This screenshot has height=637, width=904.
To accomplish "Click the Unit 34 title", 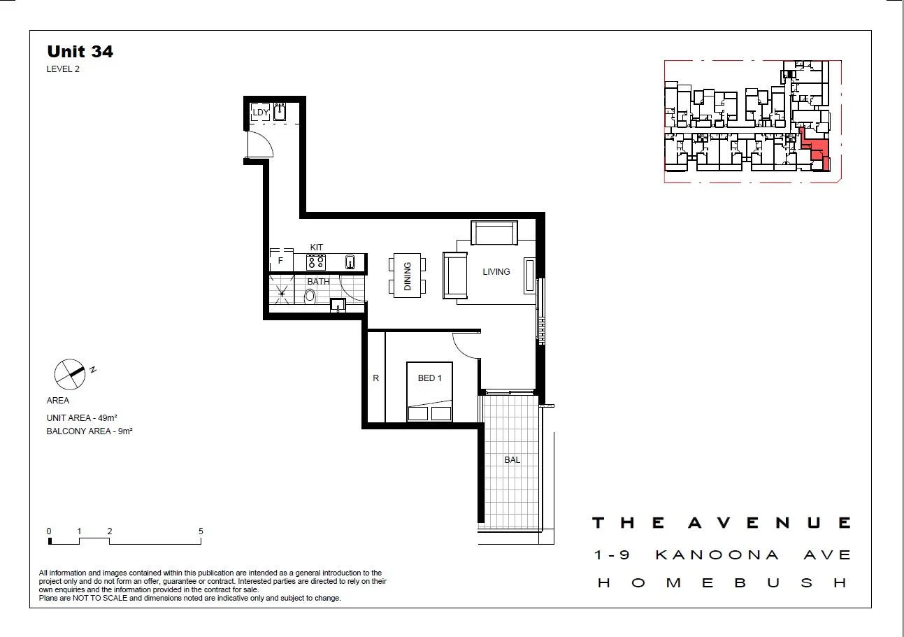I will pyautogui.click(x=80, y=51).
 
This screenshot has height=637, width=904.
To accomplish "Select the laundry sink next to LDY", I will pyautogui.click(x=280, y=112).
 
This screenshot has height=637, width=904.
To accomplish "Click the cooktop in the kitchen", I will pyautogui.click(x=316, y=262).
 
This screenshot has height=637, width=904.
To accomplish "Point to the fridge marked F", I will pyautogui.click(x=281, y=262).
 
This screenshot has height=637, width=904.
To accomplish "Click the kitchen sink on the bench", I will pyautogui.click(x=350, y=263).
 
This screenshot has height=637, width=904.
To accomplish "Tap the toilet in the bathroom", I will pyautogui.click(x=310, y=296).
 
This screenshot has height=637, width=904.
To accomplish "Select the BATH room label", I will pyautogui.click(x=318, y=282).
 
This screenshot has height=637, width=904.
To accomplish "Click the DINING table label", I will pyautogui.click(x=407, y=275).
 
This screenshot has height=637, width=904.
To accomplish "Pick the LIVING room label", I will pyautogui.click(x=496, y=272).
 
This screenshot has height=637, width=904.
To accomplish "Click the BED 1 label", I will pyautogui.click(x=429, y=378).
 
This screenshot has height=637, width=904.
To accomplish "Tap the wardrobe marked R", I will pyautogui.click(x=375, y=378).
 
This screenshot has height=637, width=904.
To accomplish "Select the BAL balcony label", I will pyautogui.click(x=512, y=460).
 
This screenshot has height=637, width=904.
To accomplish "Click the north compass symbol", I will pyautogui.click(x=71, y=373).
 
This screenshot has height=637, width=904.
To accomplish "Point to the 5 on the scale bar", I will pyautogui.click(x=201, y=531).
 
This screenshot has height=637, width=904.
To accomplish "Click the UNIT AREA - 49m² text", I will pyautogui.click(x=82, y=417).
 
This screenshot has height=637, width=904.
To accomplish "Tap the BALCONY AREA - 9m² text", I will pyautogui.click(x=89, y=431).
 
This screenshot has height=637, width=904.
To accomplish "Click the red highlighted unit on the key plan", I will pyautogui.click(x=816, y=149).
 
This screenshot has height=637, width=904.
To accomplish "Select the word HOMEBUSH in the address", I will pyautogui.click(x=723, y=582).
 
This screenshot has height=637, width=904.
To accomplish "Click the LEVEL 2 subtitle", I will pyautogui.click(x=63, y=69).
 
